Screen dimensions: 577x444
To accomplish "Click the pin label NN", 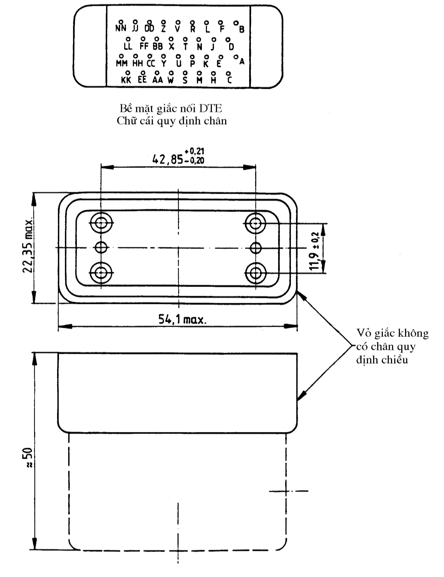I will click(121, 28).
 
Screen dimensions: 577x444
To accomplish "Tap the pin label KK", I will click(126, 80).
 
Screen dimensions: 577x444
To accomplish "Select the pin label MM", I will click(122, 63).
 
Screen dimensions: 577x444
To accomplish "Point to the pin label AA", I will click(158, 80).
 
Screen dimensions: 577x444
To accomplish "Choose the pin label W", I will click(171, 80).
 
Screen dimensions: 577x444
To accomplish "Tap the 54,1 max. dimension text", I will click(182, 320).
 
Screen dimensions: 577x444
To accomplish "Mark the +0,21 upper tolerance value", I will click(194, 151).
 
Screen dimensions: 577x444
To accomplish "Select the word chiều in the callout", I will click(396, 360).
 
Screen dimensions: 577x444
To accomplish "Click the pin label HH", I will click(137, 63).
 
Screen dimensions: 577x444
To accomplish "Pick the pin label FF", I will click(144, 47).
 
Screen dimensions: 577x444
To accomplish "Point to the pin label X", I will click(172, 47).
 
